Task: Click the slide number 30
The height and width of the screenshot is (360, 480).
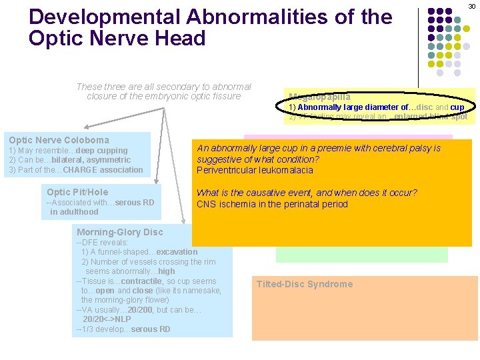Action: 471,6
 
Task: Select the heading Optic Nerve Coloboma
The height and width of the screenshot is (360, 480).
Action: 59,140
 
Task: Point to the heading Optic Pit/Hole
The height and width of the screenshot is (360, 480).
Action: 77,192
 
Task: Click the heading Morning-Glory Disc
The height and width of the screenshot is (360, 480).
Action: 119,233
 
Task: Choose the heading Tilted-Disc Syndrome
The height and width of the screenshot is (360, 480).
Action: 305,284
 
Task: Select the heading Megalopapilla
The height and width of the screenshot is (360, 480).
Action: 319,97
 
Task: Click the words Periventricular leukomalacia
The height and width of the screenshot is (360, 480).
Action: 255,170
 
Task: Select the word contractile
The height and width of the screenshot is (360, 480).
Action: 143,281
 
